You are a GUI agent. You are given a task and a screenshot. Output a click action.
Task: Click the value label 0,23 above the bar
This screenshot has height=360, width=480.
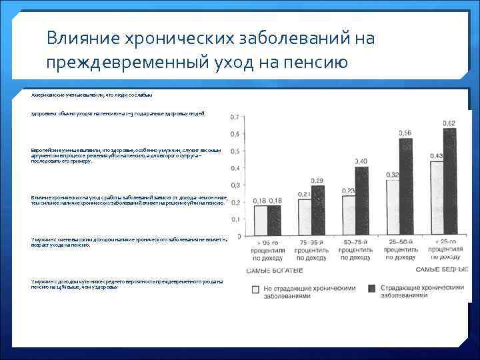tap(348, 191)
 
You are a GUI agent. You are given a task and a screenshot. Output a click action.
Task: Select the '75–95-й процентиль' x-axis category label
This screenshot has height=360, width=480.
tap(311, 250)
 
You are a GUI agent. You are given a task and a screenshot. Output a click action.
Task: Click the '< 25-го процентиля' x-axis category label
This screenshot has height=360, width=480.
tap(442, 250)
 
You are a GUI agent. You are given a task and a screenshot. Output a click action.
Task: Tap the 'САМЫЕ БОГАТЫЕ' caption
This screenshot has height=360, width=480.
tap(275, 270)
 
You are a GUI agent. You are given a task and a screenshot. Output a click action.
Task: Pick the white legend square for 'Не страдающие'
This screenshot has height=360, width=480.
tap(256, 289)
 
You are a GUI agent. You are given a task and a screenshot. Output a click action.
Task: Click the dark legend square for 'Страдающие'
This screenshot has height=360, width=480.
tap(372, 288)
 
